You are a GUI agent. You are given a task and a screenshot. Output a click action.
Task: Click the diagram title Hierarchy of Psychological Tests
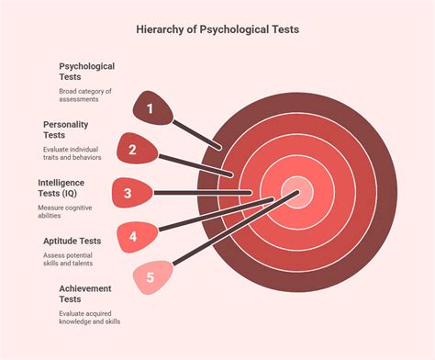point(217,29)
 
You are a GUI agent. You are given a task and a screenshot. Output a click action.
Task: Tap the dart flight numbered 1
point(152,108)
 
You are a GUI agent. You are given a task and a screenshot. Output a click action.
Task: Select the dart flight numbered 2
point(137,149)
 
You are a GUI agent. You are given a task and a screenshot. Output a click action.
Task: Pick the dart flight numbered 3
point(132,193)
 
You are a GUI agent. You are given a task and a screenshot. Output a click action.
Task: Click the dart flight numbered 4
point(138,237)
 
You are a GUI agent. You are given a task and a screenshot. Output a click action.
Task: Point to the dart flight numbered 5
point(152,277)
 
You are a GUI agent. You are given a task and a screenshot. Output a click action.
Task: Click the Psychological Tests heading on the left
point(87,72)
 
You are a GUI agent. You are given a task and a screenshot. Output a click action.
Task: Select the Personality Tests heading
point(66,129)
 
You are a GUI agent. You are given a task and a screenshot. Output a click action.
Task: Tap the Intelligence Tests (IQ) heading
point(61,188)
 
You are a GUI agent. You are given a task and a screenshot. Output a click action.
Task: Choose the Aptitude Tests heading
point(72,242)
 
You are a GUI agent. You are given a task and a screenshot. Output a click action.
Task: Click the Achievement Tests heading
point(85,294)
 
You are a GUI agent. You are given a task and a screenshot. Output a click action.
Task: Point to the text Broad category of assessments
point(85,96)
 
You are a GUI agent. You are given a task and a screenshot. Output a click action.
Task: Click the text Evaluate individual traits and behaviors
point(72,153)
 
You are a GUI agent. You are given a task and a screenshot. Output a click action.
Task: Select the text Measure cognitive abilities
point(65,211)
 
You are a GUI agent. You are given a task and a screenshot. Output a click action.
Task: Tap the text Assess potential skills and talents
point(68,259)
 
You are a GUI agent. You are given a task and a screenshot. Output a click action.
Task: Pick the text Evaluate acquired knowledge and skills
point(90,318)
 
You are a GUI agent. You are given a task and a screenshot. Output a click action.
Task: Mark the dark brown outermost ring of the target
point(387,192)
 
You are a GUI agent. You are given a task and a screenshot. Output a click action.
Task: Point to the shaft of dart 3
point(203,193)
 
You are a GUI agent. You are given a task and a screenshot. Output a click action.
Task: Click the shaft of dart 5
point(236,228)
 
